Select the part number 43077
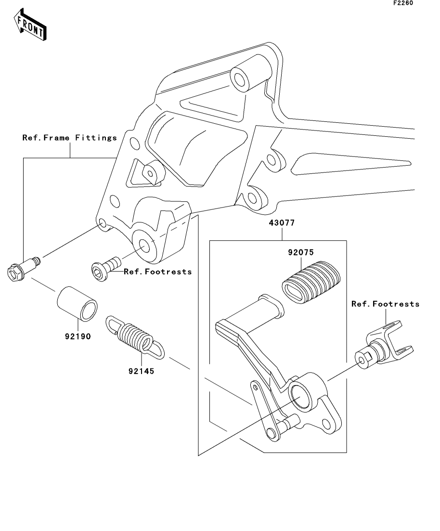click(282, 223)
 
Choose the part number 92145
click(141, 371)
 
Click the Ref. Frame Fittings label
click(70, 138)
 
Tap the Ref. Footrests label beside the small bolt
click(158, 272)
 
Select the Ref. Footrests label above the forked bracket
click(385, 304)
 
